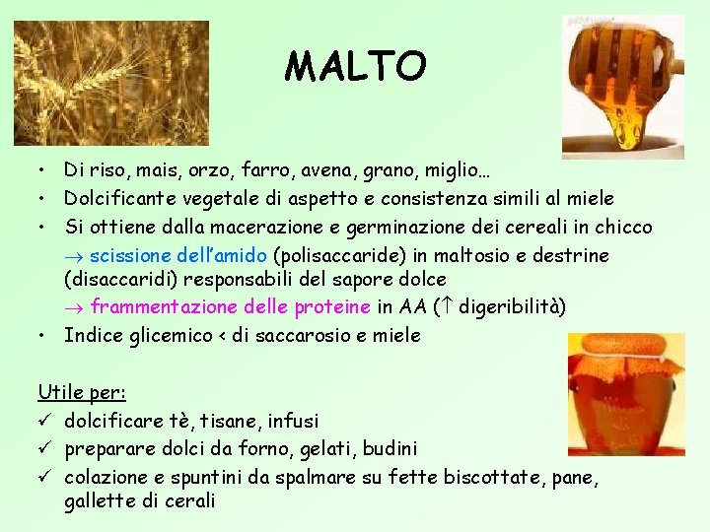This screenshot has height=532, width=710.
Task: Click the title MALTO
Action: (x=356, y=67)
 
